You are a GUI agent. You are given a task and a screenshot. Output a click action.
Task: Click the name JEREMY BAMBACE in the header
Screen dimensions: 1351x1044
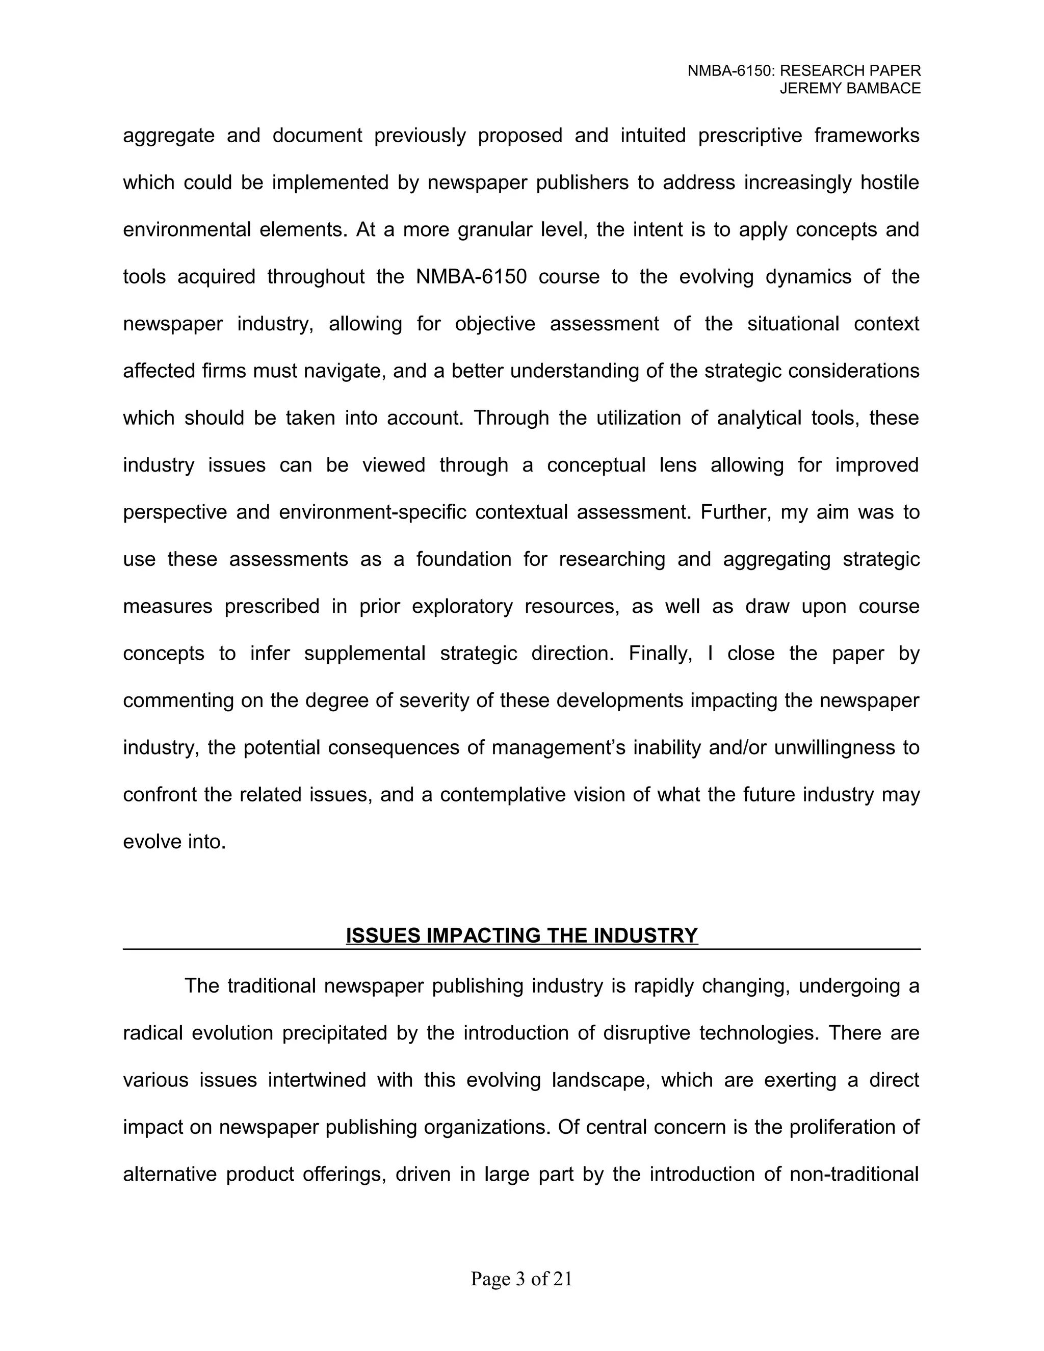[x=850, y=89]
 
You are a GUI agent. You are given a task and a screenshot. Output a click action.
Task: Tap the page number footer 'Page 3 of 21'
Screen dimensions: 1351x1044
[x=521, y=1279]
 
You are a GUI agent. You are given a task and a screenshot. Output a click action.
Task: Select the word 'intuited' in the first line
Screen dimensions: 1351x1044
[x=653, y=136]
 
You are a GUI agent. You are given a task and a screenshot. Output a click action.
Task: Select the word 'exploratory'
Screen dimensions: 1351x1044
[x=462, y=606]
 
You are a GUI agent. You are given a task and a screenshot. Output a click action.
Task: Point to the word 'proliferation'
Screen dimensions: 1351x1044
[x=838, y=1127]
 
